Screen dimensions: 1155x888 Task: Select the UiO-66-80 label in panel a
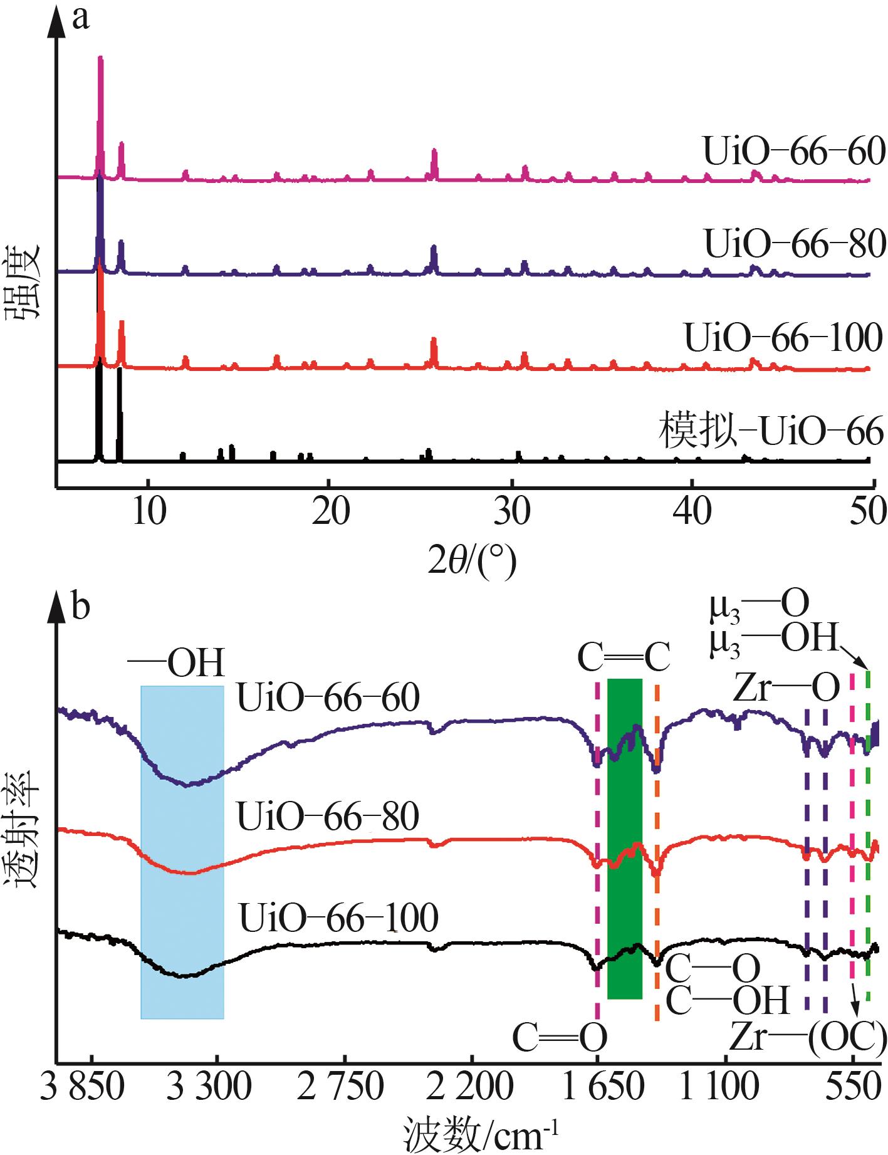coord(795,244)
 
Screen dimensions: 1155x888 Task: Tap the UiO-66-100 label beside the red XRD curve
coord(783,338)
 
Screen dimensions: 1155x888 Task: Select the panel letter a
coord(80,19)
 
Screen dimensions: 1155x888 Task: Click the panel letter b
coord(80,607)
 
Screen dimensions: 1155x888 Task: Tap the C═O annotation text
coord(560,1038)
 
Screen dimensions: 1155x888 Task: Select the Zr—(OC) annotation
coord(808,1038)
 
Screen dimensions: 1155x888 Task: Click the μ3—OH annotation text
coord(775,640)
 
